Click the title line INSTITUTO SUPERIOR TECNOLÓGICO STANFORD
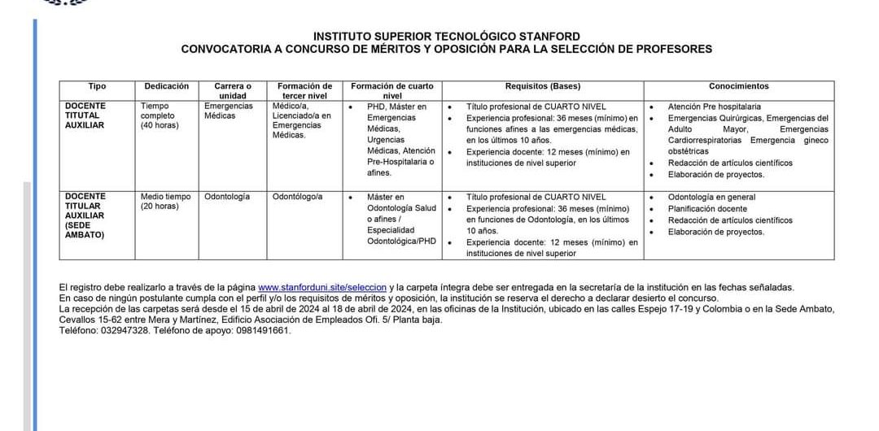(447, 37)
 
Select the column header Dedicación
(167, 86)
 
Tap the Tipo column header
(97, 86)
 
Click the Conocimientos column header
(738, 86)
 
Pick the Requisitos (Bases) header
(543, 86)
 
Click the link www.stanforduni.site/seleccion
(322, 288)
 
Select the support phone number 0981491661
(263, 330)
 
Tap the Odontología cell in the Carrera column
(227, 197)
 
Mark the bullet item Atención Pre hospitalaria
(714, 107)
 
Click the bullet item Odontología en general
(711, 198)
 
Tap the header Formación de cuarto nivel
(391, 90)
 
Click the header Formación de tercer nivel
(304, 90)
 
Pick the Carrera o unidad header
(233, 90)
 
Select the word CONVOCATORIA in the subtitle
(229, 49)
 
